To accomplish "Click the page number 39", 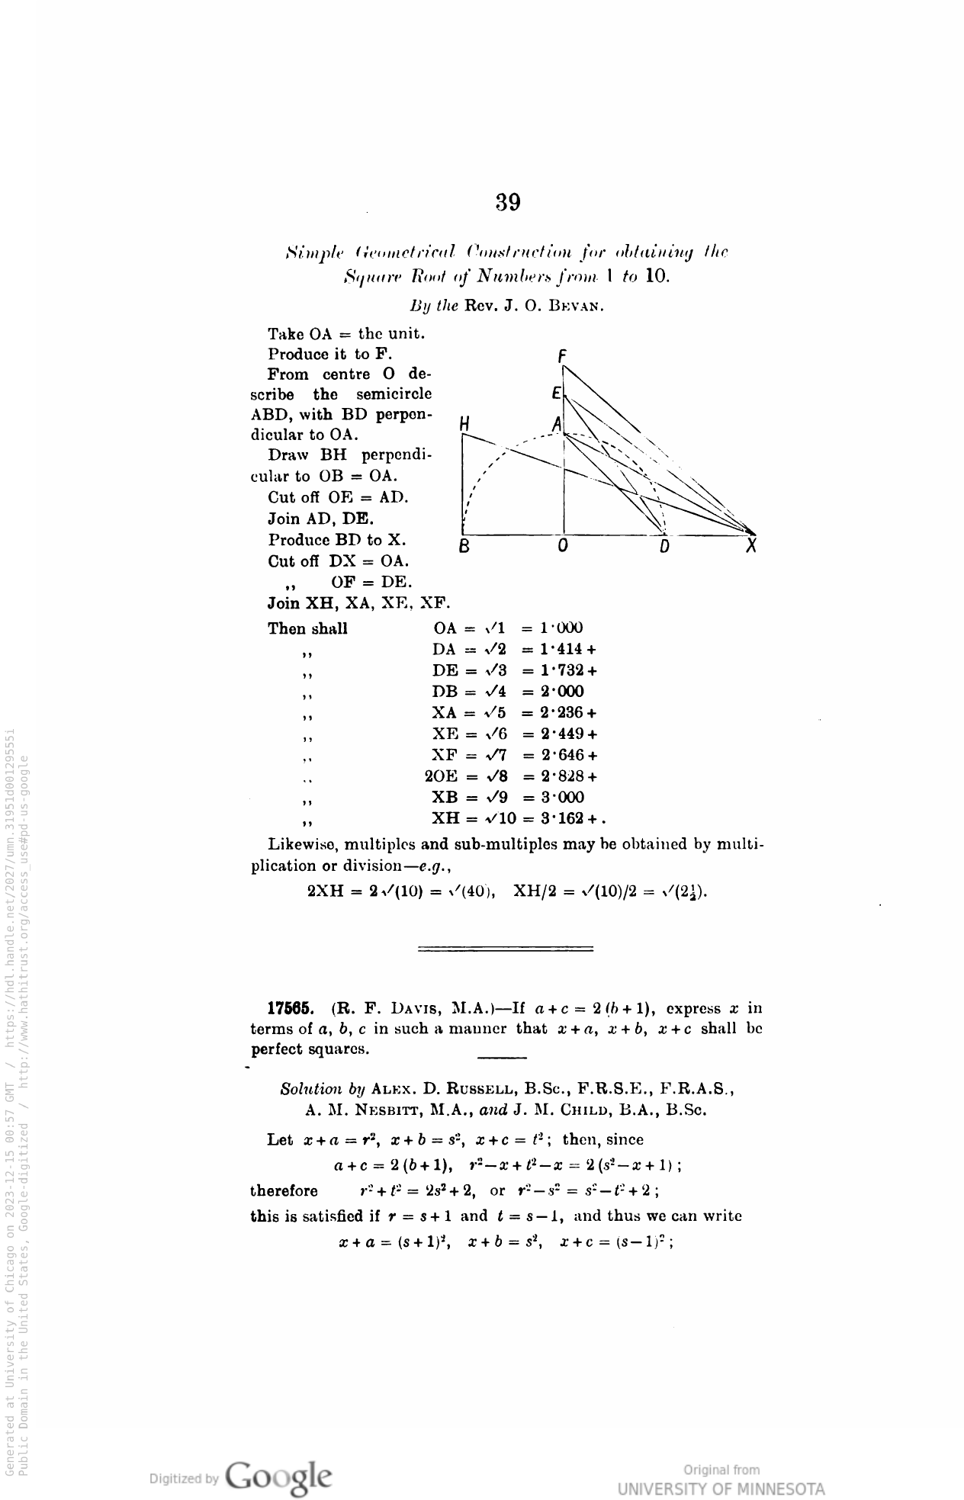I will pyautogui.click(x=508, y=202).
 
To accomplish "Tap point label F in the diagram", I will pyautogui.click(x=562, y=355).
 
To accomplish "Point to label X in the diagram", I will pyautogui.click(x=751, y=547).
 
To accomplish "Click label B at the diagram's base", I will pyautogui.click(x=463, y=547).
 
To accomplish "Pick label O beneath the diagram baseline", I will pyautogui.click(x=563, y=547).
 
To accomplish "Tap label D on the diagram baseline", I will pyautogui.click(x=664, y=547).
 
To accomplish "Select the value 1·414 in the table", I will pyautogui.click(x=561, y=649).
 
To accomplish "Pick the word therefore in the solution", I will pyautogui.click(x=284, y=1190).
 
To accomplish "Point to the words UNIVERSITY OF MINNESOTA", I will pyautogui.click(x=721, y=1489).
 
